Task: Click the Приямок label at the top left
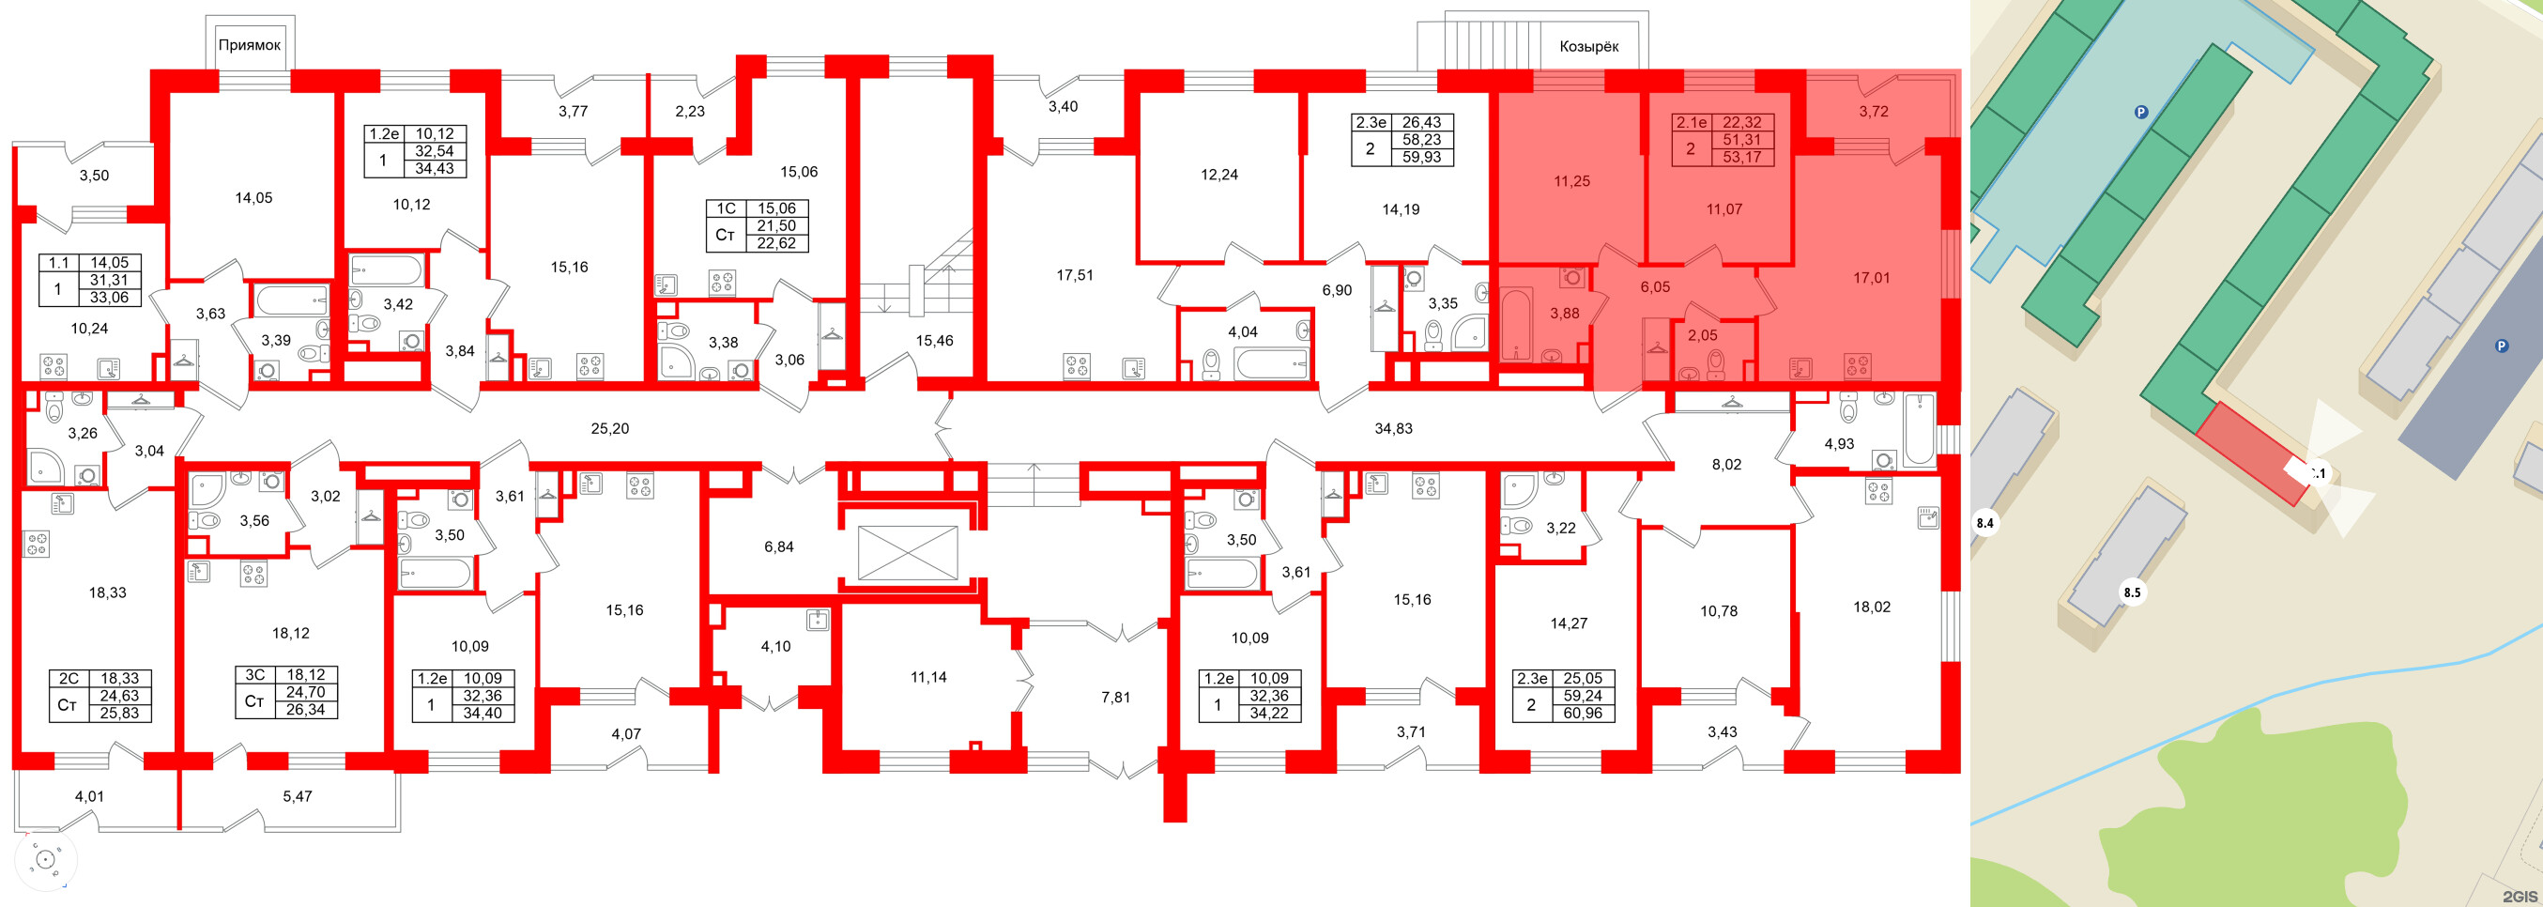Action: point(249,44)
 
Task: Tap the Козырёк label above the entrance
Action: point(1588,46)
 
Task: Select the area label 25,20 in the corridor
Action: point(609,428)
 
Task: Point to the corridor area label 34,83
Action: point(1393,428)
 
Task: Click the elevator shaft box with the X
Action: point(907,552)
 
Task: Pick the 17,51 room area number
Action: point(1074,275)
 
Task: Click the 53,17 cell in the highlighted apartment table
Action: point(1741,157)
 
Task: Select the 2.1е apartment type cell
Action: point(1691,122)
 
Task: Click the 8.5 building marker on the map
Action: point(2133,593)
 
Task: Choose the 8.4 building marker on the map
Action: point(1984,523)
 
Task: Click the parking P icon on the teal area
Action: point(2141,113)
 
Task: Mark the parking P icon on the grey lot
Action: point(2501,346)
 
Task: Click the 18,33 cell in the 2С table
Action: point(120,678)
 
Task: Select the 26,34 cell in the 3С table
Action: point(305,709)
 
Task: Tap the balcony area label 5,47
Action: point(298,795)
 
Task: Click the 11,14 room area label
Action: point(928,677)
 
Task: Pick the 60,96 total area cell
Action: point(1583,713)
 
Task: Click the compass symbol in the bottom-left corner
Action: point(44,861)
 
